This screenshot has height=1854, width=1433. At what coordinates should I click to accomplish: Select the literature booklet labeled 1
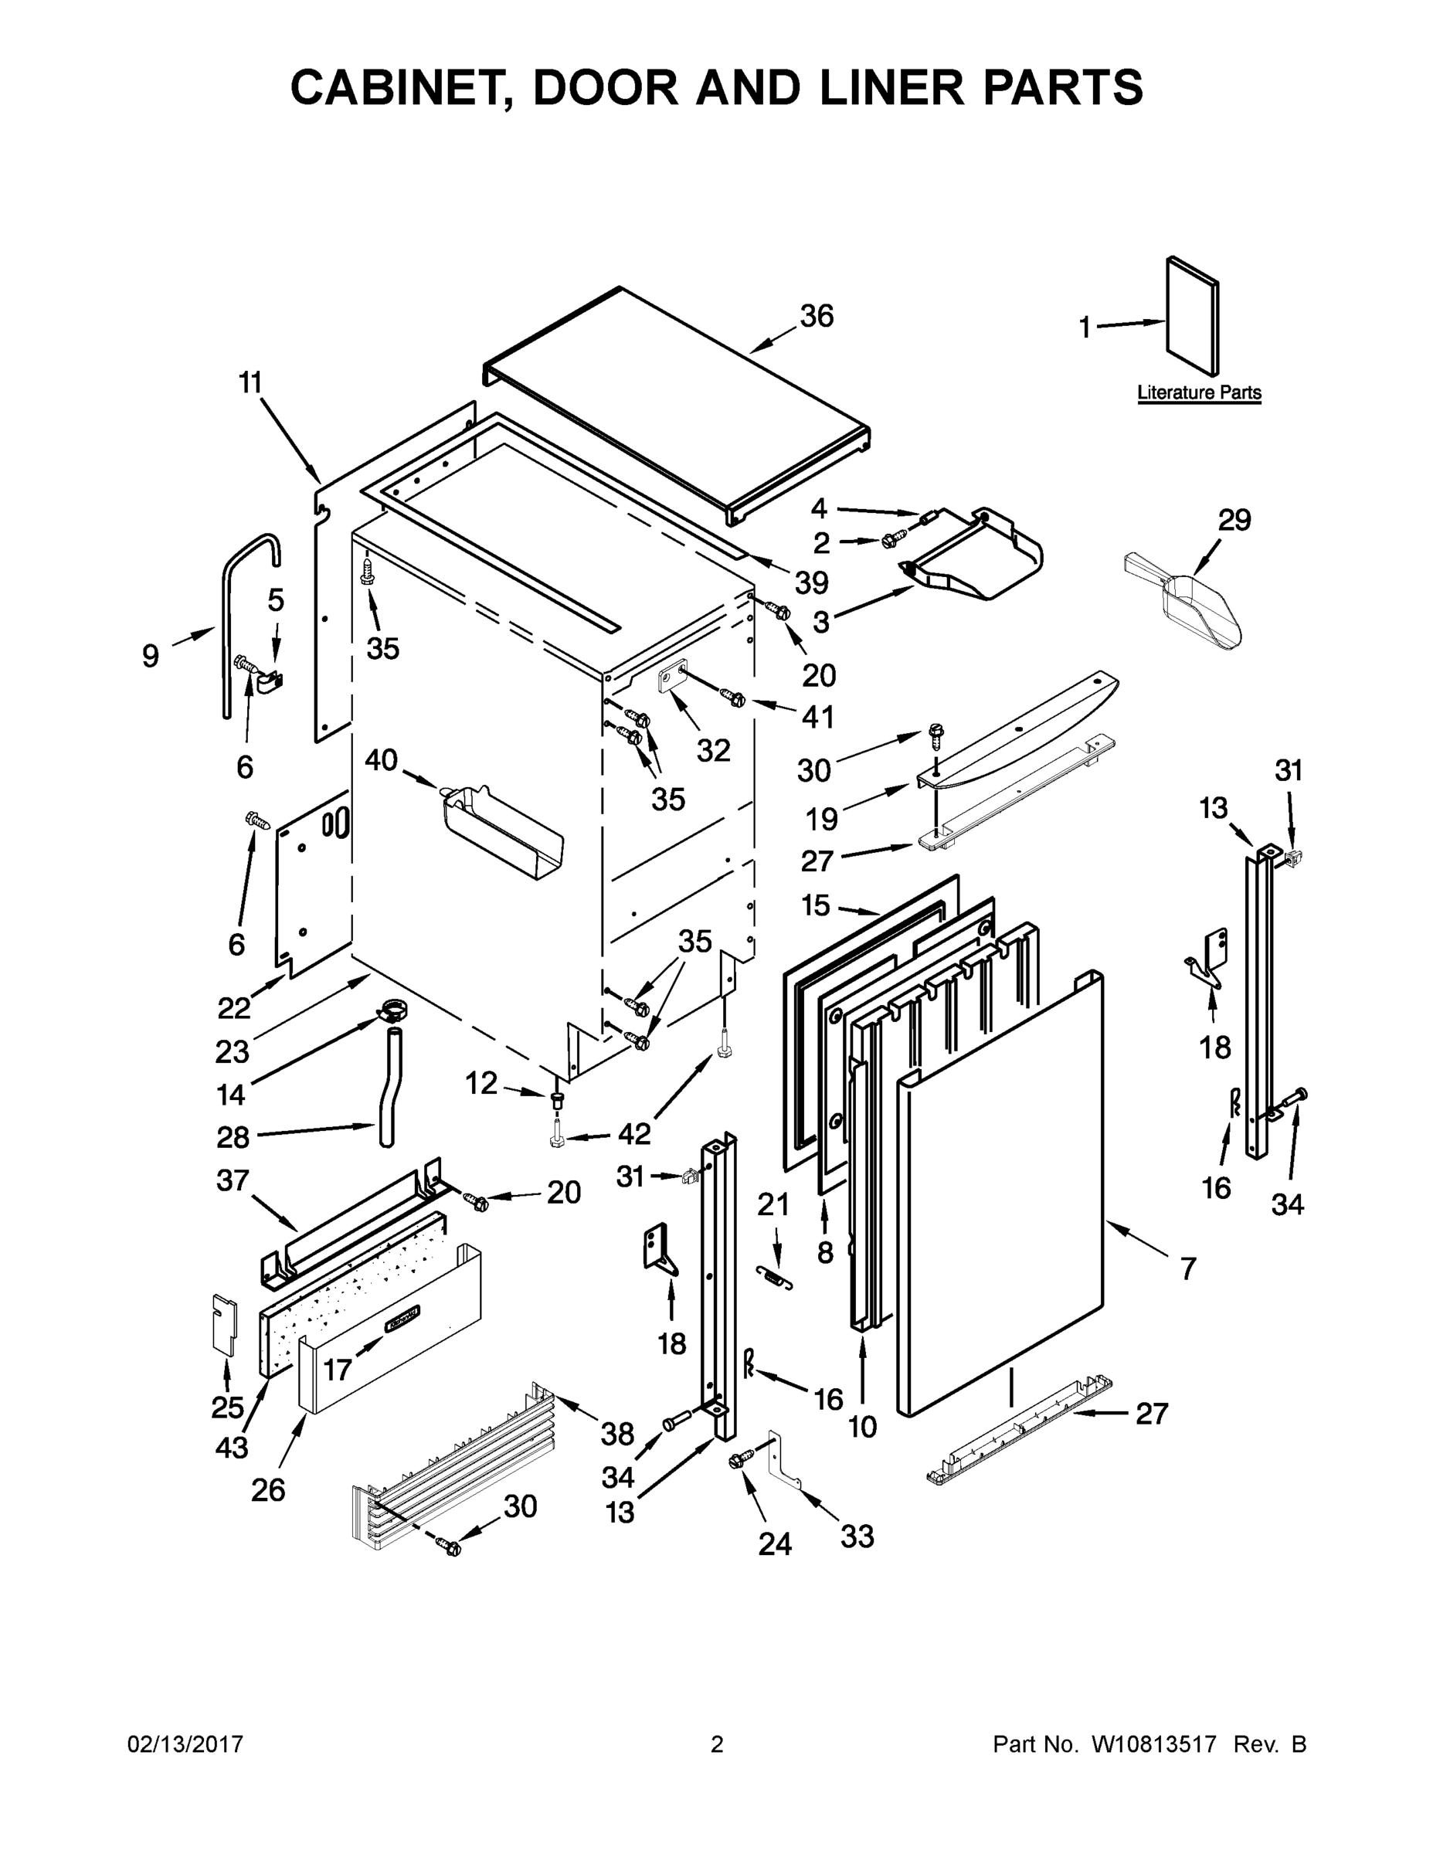(x=1193, y=316)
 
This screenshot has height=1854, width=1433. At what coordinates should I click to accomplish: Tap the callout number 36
(x=817, y=316)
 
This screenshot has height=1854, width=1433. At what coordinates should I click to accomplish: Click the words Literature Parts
(x=1199, y=393)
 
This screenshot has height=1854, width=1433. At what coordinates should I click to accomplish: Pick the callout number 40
(x=381, y=760)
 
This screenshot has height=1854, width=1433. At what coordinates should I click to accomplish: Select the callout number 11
(x=250, y=383)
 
